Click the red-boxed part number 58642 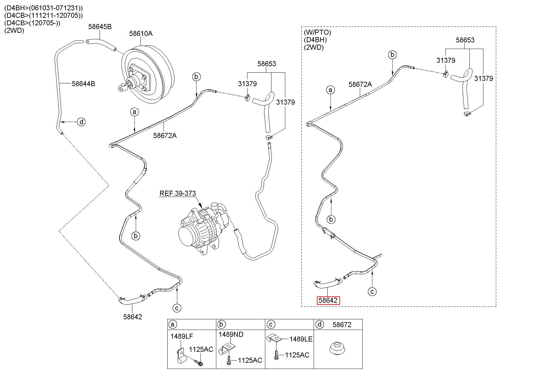pyautogui.click(x=328, y=301)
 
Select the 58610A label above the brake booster pyautogui.click(x=141, y=33)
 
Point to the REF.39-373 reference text pyautogui.click(x=178, y=193)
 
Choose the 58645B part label pyautogui.click(x=100, y=27)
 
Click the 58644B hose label pyautogui.click(x=83, y=84)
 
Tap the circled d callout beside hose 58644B pyautogui.click(x=81, y=122)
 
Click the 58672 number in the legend pyautogui.click(x=342, y=325)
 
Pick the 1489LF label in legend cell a pyautogui.click(x=182, y=336)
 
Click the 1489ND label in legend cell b pyautogui.click(x=231, y=335)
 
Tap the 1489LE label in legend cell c pyautogui.click(x=301, y=339)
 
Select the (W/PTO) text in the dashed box pyautogui.click(x=317, y=32)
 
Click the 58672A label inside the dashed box pyautogui.click(x=360, y=84)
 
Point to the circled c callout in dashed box pyautogui.click(x=372, y=292)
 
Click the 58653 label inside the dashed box pyautogui.click(x=465, y=40)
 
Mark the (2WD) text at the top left pyautogui.click(x=14, y=31)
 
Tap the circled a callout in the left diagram pyautogui.click(x=135, y=112)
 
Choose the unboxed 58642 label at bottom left pyautogui.click(x=132, y=317)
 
